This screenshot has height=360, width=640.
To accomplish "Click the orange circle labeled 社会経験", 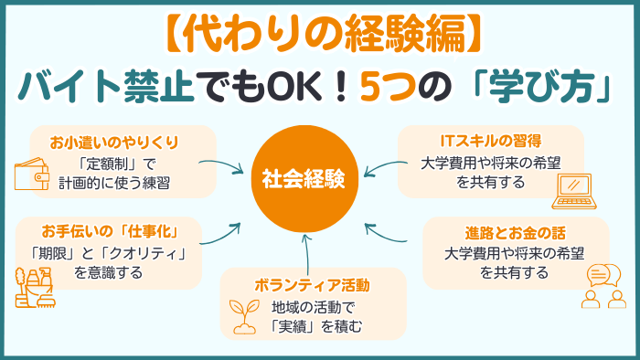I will [303, 179].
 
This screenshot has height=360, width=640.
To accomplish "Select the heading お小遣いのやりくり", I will [115, 143].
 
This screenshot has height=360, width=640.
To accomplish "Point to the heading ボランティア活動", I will [314, 284].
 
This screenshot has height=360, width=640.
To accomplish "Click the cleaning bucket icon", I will [33, 289].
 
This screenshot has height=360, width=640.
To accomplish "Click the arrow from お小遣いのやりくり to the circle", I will [223, 166].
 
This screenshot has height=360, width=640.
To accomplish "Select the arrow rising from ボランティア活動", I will [305, 248].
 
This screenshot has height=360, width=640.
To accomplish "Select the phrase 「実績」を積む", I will [314, 324].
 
